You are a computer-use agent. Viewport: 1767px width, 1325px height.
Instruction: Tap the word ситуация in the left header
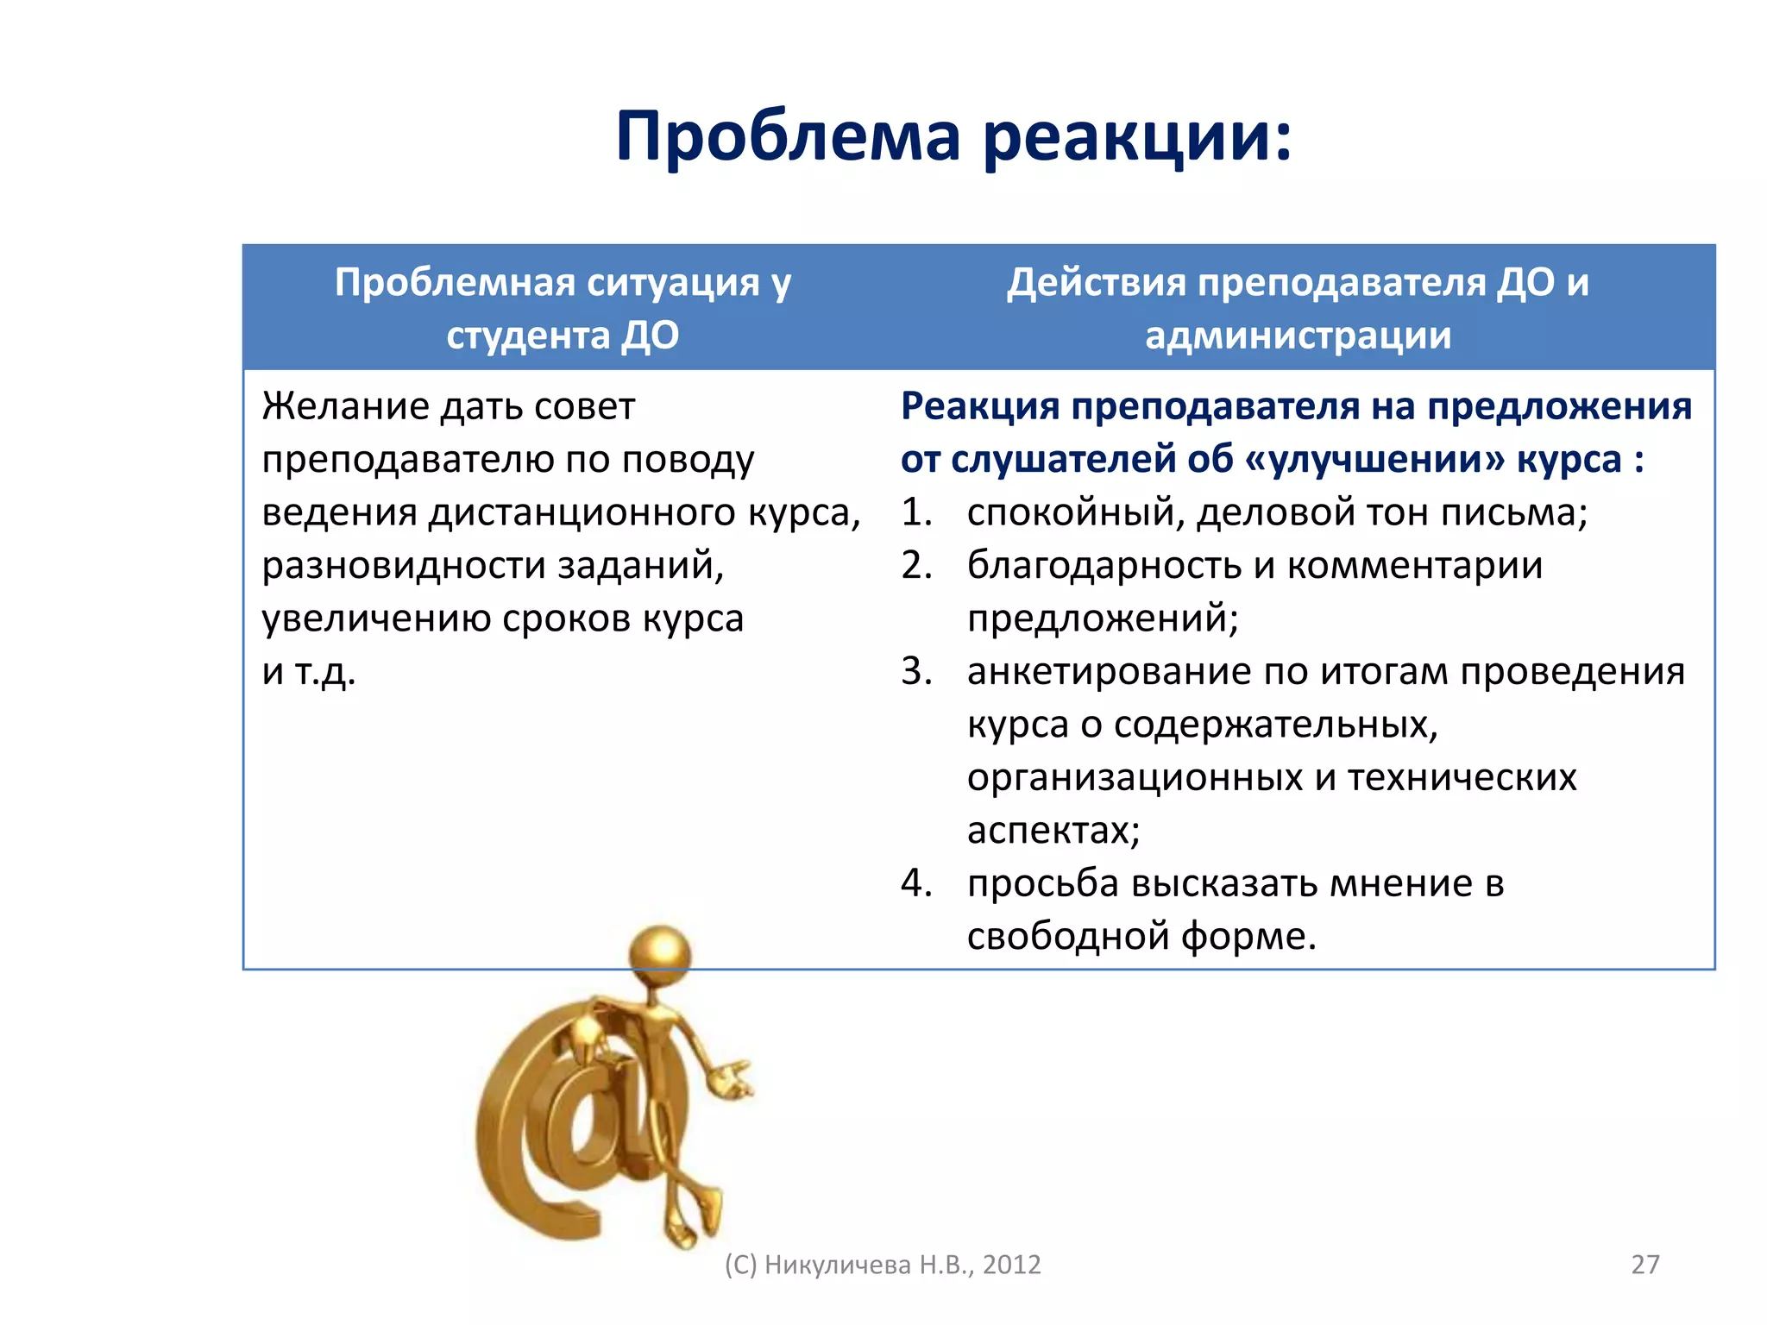pos(675,283)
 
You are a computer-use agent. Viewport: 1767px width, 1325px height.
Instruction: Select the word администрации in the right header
pos(1298,336)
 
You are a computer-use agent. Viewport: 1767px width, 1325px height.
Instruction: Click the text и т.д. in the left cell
pos(309,672)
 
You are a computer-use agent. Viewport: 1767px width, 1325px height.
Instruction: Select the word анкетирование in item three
pos(1109,672)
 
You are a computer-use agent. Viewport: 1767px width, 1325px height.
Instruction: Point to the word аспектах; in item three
pos(1053,831)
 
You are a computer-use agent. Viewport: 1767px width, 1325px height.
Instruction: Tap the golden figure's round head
pos(660,954)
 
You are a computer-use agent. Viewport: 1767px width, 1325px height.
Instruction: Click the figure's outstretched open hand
pos(732,1079)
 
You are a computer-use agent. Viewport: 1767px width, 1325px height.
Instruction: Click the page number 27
pos(1644,1265)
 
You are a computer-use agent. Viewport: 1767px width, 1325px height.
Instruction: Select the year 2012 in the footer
pos(1011,1265)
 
